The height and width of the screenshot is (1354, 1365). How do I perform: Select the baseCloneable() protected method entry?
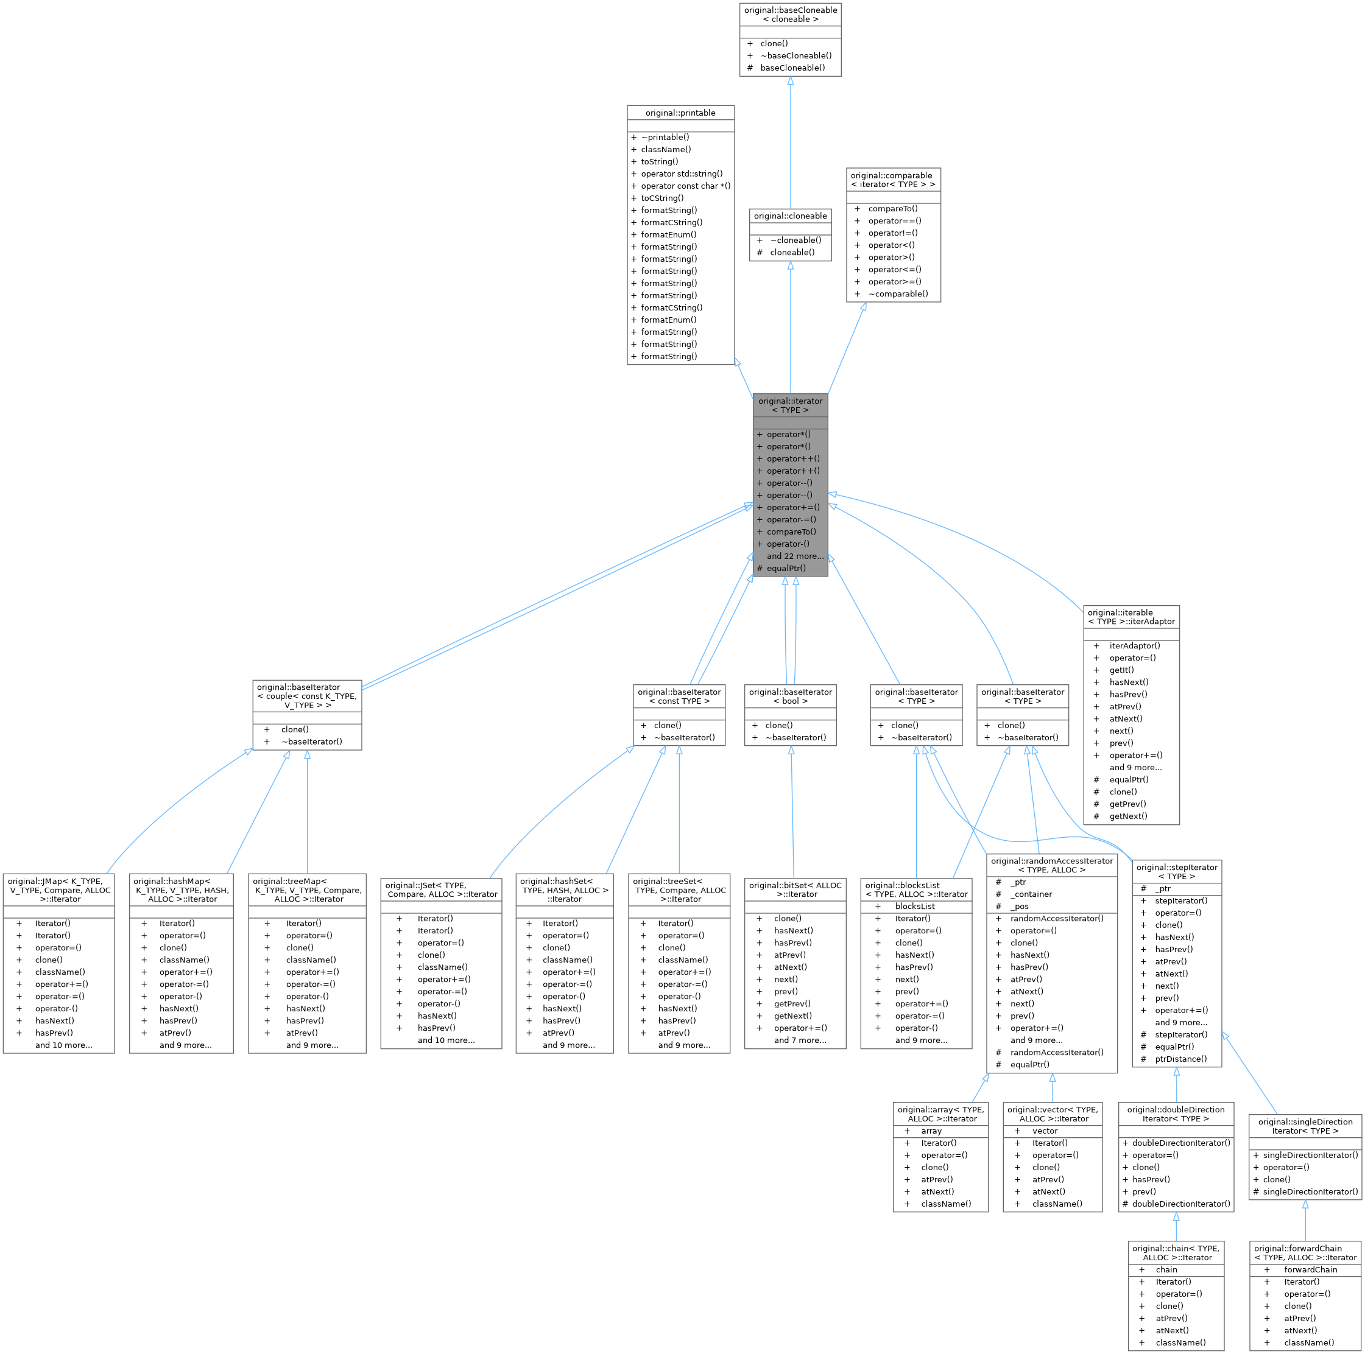click(792, 68)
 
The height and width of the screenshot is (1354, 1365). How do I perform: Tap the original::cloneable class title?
click(790, 216)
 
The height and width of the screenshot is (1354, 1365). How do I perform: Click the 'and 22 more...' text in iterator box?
click(795, 556)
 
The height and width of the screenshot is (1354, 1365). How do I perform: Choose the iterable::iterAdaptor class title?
click(1130, 617)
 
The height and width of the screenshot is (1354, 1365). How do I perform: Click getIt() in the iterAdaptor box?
click(1121, 670)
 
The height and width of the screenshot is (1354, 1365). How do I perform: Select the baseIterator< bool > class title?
click(790, 696)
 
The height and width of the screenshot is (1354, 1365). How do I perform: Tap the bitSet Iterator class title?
click(795, 889)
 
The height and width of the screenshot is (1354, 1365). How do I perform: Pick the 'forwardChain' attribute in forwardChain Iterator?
click(1311, 1269)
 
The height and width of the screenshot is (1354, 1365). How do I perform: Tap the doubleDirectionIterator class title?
click(1176, 1114)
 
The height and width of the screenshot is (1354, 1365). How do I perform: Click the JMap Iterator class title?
click(59, 890)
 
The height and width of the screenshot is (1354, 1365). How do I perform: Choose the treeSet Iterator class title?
click(679, 890)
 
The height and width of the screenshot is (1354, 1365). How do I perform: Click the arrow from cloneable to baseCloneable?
click(790, 141)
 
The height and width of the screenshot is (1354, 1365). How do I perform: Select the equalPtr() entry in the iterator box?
click(786, 568)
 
